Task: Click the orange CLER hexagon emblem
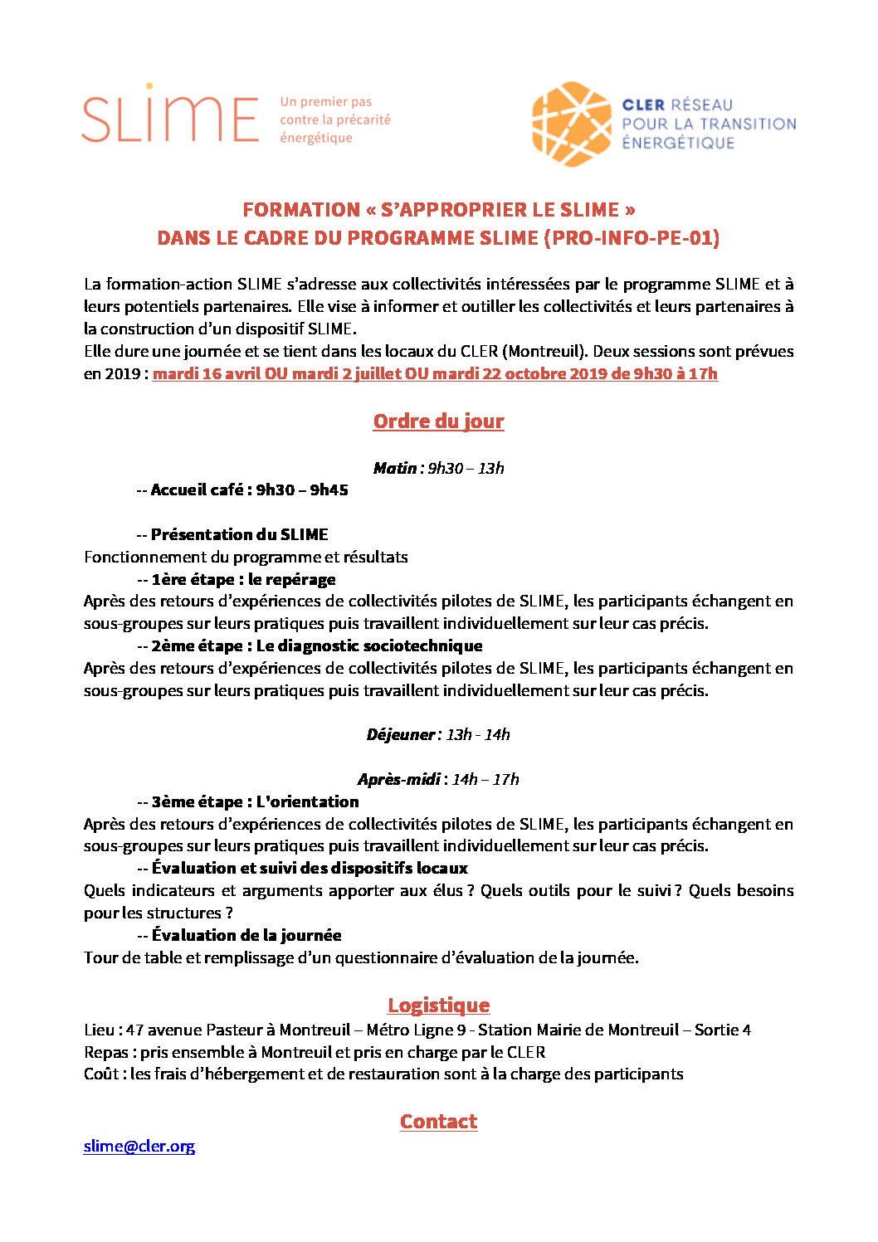pos(572,124)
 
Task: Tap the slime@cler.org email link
pos(139,1146)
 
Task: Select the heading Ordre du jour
pos(438,421)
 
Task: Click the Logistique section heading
pos(438,1006)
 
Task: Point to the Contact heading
pos(438,1122)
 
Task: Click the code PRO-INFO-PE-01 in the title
pos(631,238)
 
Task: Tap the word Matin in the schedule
pos(394,468)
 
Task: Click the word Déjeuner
pos(400,734)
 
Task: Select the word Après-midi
pos(399,779)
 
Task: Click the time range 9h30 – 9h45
pos(302,490)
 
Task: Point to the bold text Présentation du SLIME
pos(240,534)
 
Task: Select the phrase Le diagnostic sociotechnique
pos(369,645)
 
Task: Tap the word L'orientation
pos(307,801)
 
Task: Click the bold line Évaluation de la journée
pos(246,935)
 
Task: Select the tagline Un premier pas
pos(326,102)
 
